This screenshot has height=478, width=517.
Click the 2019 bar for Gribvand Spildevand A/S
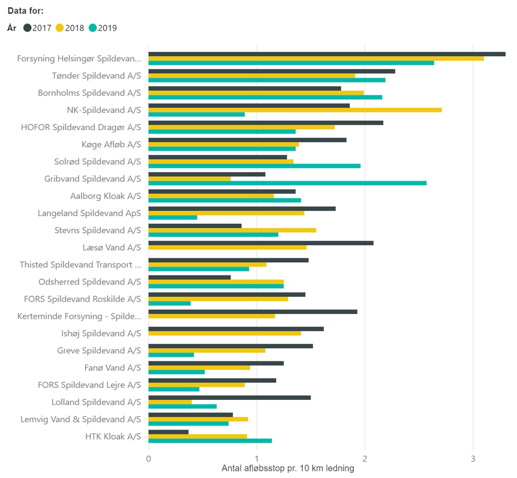[287, 183]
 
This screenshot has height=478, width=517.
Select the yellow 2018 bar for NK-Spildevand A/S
[295, 110]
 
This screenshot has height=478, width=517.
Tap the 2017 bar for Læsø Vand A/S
[261, 243]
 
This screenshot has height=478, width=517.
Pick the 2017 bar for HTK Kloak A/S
[168, 432]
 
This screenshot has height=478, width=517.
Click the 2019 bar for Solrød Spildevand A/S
[254, 166]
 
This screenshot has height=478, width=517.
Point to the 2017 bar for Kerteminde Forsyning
[253, 312]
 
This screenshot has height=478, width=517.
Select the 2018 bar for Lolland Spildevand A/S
[170, 402]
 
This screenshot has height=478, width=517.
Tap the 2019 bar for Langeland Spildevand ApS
[173, 218]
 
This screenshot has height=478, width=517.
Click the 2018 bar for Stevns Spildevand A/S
[232, 230]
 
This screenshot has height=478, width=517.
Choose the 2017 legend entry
[38, 28]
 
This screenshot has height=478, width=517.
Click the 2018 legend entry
[70, 28]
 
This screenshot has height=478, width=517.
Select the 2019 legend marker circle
[93, 28]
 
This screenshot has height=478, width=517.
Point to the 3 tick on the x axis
[473, 459]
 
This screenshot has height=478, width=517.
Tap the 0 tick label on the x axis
[148, 459]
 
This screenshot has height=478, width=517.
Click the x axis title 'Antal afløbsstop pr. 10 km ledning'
[288, 468]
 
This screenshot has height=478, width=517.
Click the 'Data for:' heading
[26, 11]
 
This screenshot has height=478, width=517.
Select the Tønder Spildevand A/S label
[96, 76]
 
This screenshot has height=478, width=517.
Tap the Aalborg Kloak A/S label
[106, 196]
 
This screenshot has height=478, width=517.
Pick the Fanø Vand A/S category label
[113, 368]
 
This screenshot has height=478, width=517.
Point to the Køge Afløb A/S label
[111, 144]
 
